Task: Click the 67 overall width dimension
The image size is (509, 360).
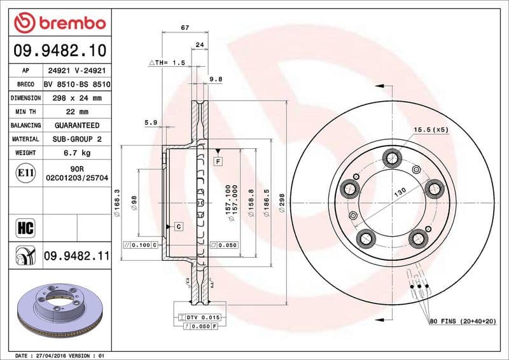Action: pyautogui.click(x=185, y=27)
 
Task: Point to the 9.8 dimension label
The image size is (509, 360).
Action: pyautogui.click(x=215, y=79)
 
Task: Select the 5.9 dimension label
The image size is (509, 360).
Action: pyautogui.click(x=151, y=122)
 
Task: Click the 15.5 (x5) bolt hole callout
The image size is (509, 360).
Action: pyautogui.click(x=431, y=130)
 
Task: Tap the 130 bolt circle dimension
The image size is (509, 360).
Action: pyautogui.click(x=400, y=191)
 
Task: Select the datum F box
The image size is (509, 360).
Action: pyautogui.click(x=218, y=162)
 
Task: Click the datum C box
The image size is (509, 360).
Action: pyautogui.click(x=178, y=226)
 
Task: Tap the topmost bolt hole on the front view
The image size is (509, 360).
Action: pyautogui.click(x=391, y=156)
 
